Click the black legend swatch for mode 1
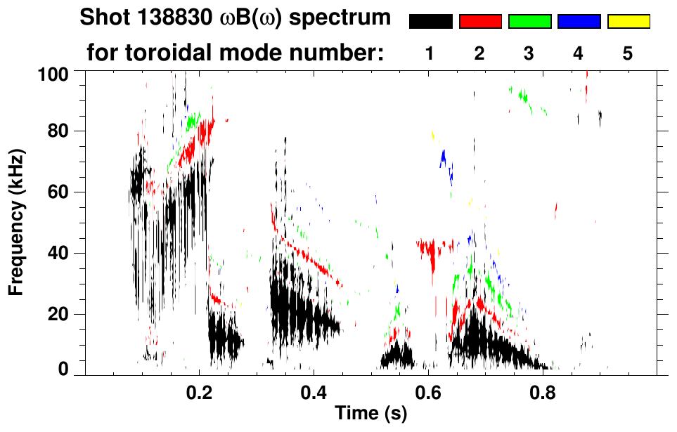pos(431,22)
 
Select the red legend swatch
pos(480,22)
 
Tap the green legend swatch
pos(529,22)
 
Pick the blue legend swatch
pos(579,22)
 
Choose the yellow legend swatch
pos(628,22)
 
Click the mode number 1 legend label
pos(430,54)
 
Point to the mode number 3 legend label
pos(529,54)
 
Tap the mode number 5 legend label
pos(627,54)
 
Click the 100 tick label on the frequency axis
pos(52,72)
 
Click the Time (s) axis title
pos(370,414)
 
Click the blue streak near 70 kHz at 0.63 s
pos(443,158)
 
